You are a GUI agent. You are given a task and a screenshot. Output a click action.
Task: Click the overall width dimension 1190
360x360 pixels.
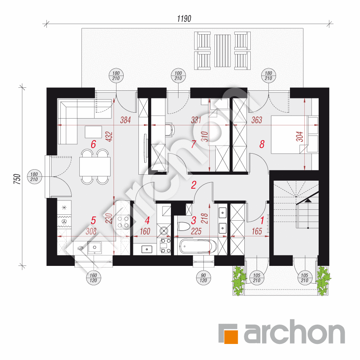[x=184, y=19]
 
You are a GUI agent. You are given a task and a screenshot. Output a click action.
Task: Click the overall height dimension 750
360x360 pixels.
[x=17, y=179]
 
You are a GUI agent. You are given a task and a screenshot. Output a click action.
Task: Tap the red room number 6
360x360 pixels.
[x=93, y=144]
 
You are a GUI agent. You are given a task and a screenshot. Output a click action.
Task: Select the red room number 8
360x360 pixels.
[x=262, y=144]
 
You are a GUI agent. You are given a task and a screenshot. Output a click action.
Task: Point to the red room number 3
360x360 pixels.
[x=194, y=220]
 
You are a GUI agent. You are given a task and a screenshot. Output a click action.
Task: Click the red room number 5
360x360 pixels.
[x=93, y=220]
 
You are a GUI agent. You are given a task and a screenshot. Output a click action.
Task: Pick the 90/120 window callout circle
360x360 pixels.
[x=203, y=278]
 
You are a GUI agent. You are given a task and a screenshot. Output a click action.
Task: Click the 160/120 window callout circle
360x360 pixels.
[x=93, y=278]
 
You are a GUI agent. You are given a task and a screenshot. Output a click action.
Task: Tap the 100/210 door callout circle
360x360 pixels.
[x=179, y=76]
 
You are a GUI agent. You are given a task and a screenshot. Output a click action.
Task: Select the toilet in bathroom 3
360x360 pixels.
[x=184, y=227]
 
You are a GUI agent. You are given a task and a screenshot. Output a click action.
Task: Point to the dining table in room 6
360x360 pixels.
[x=95, y=166]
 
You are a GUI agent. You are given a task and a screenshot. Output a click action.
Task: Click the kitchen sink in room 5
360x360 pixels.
[x=95, y=247]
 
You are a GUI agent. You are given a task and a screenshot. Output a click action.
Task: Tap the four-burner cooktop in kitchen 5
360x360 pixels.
[x=123, y=222]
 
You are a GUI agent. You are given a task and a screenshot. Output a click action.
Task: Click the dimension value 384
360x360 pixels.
[x=125, y=120]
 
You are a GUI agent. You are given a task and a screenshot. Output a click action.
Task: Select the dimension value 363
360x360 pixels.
[x=257, y=120]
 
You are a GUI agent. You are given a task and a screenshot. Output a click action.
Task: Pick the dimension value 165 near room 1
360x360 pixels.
[x=257, y=231]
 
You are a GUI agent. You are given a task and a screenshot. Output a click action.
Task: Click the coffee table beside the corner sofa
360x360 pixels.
[x=93, y=132]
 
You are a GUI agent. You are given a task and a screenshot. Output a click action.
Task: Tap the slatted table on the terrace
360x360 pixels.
[x=222, y=51]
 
